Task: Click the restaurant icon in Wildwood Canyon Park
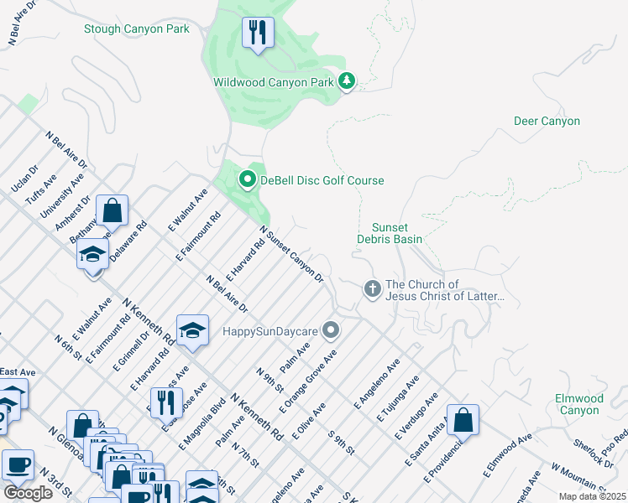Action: coord(257,34)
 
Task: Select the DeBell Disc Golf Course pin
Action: coord(247,180)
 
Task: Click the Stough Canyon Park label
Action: coord(136,29)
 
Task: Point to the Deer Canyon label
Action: coord(547,122)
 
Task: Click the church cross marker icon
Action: coord(373,289)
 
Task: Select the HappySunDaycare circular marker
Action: coord(332,330)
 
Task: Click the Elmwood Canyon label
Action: coord(578,404)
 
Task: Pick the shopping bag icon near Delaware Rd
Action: coord(112,210)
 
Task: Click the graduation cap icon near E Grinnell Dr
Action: coord(192,330)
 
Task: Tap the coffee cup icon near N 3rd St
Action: coord(18,465)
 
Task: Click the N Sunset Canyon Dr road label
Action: coord(291,253)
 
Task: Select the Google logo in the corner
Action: coord(28,492)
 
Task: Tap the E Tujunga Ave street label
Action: coord(398,400)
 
